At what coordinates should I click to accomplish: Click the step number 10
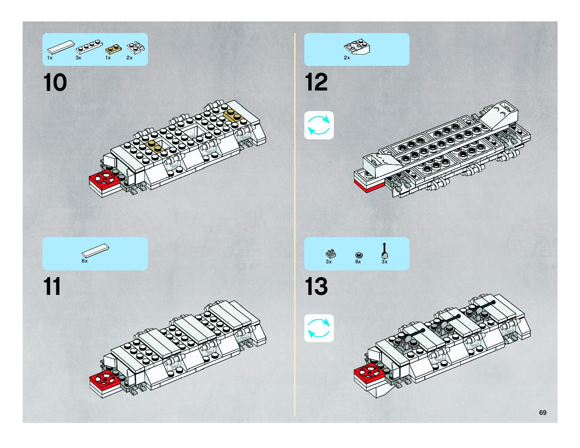(x=55, y=83)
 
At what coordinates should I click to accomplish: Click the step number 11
(x=52, y=286)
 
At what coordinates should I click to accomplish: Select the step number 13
(x=316, y=286)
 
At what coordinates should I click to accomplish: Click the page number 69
(x=543, y=412)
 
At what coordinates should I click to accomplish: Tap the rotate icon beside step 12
(x=319, y=125)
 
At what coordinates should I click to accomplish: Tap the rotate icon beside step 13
(x=319, y=328)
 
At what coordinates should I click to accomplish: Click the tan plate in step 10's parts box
(x=113, y=49)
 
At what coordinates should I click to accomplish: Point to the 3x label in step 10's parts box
(x=78, y=58)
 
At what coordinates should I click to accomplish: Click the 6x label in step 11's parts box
(x=84, y=261)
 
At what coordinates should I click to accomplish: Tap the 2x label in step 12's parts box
(x=347, y=58)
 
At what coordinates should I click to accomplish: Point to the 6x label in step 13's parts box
(x=358, y=262)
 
